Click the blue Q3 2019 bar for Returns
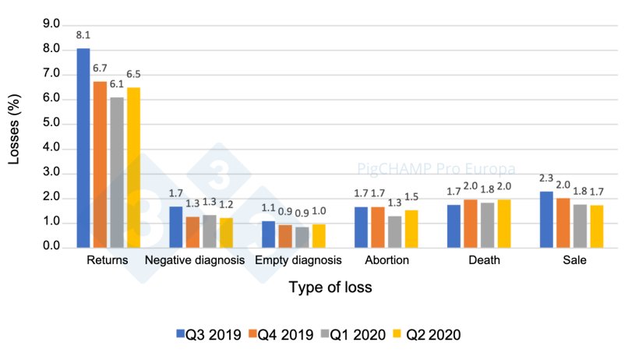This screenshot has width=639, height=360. coord(83,148)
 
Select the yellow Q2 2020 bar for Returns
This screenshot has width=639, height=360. coord(133,168)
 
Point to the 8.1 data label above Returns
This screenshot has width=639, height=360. coord(83,35)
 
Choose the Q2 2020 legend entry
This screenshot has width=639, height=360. coord(425,334)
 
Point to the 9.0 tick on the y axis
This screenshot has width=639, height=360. coord(51,25)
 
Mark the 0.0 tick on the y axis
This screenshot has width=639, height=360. coord(51,247)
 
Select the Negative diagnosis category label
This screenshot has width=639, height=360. coord(195,260)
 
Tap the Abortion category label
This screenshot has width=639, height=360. coord(387,260)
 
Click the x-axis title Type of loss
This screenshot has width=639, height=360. coord(330,288)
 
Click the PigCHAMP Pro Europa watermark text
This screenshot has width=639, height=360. coord(425,168)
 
